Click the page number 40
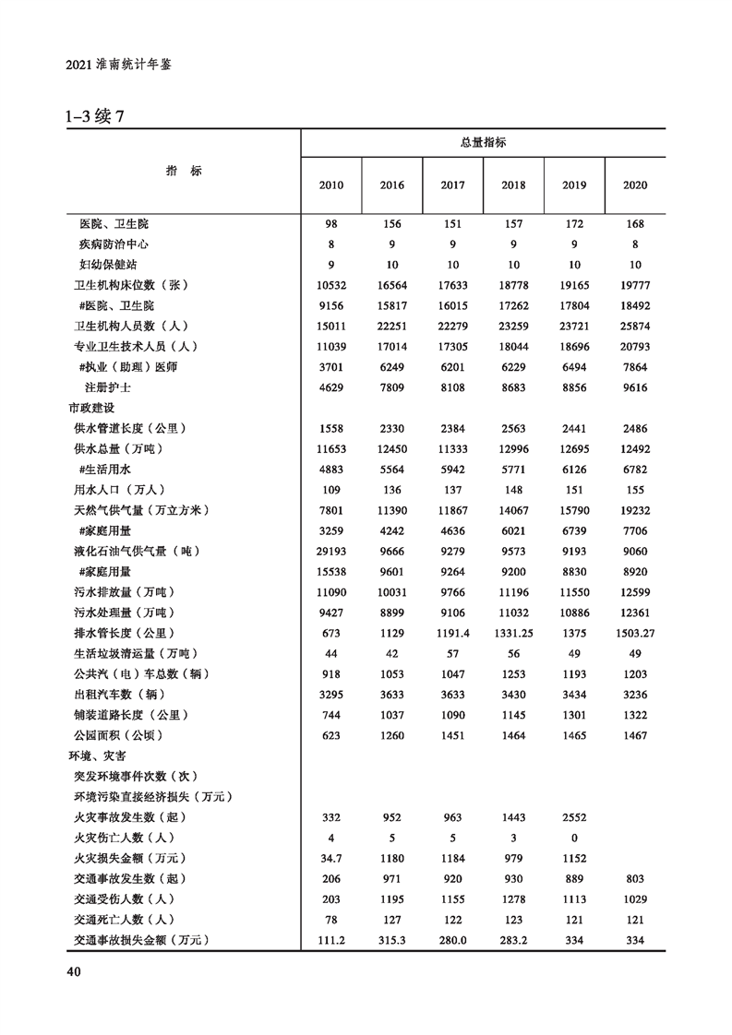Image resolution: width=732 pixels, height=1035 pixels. pos(74,971)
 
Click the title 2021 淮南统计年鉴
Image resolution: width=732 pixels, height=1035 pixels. pos(120,65)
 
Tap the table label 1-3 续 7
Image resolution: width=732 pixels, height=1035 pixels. pos(95,118)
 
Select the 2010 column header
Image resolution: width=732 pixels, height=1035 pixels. pos(331,185)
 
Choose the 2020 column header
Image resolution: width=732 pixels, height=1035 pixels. pos(635,185)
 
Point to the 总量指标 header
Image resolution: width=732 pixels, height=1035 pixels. pos(483,142)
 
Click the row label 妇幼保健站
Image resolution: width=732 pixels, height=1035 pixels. pos(114,265)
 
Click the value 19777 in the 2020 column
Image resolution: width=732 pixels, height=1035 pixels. pos(635,285)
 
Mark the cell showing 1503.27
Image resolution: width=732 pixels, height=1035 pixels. pos(635,633)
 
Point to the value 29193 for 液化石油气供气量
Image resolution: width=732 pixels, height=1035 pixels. pos(331,551)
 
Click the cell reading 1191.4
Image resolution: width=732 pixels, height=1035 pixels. pos(452,633)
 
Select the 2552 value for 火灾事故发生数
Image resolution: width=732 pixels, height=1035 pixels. pos(574,817)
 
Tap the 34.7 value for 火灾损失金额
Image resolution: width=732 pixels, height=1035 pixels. pos(331,858)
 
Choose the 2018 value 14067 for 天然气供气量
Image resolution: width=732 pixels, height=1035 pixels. pos(513,510)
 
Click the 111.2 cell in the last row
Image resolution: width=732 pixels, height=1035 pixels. pos(331,940)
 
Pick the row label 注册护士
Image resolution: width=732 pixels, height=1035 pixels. pos(107,387)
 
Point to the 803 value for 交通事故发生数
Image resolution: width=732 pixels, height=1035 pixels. pos(635,878)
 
